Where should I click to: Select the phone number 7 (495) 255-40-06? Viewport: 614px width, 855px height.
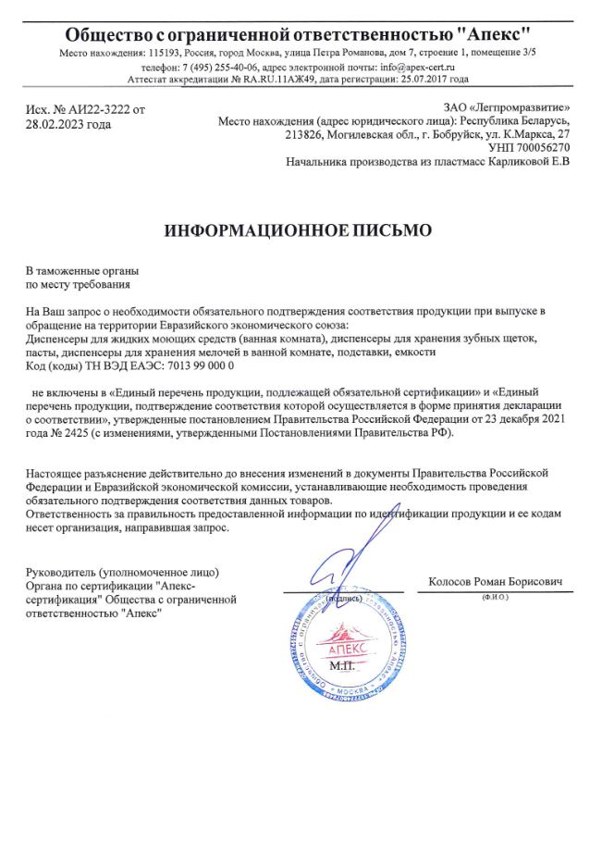(x=222, y=68)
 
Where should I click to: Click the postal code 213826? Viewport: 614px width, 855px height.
(x=304, y=134)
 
